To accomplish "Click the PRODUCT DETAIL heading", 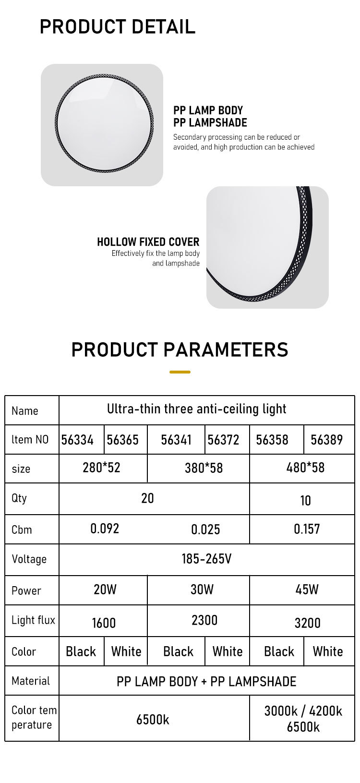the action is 118,26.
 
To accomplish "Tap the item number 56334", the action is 77,440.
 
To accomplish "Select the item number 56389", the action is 327,440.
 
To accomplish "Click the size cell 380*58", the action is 204,468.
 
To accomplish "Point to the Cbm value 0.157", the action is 307,529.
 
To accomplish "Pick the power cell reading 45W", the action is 307,590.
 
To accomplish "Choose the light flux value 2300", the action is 204,620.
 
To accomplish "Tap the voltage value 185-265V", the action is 206,559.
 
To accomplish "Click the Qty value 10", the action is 305,501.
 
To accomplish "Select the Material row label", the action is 31,681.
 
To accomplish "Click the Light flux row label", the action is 33,620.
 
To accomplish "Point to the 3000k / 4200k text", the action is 303,711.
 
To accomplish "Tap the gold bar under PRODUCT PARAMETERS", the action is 180,372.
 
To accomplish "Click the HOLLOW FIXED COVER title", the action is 148,242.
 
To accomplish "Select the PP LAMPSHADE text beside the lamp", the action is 210,123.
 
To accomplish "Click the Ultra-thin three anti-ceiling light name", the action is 196,409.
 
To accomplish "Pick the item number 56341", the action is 176,440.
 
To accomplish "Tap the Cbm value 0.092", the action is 105,529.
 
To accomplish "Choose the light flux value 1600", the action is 104,623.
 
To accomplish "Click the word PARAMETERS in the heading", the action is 226,349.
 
